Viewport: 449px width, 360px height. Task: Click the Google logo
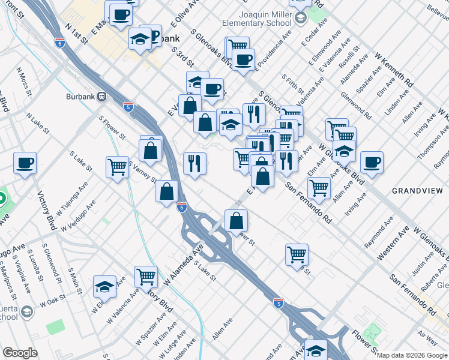(20, 353)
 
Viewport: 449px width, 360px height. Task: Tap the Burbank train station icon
(103, 97)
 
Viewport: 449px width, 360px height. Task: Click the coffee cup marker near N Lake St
(25, 163)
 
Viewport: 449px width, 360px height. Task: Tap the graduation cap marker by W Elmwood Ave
(104, 286)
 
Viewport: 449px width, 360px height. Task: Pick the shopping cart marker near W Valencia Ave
(146, 277)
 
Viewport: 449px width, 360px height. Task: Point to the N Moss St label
(26, 82)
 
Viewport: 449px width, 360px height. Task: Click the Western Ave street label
(393, 242)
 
